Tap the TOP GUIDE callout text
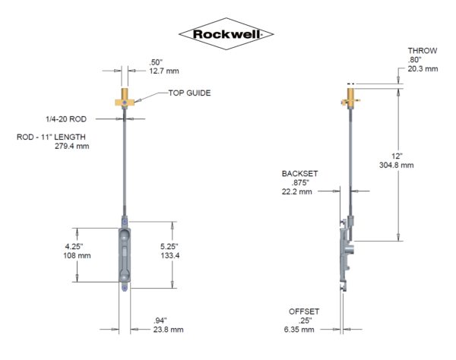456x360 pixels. coord(190,93)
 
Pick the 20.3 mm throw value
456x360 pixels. coord(421,68)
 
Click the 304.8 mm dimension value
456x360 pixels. coord(397,165)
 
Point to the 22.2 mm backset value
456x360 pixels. coord(299,192)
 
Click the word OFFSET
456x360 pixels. coord(304,311)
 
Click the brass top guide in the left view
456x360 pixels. coord(123,99)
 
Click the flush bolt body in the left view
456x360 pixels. coord(123,254)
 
